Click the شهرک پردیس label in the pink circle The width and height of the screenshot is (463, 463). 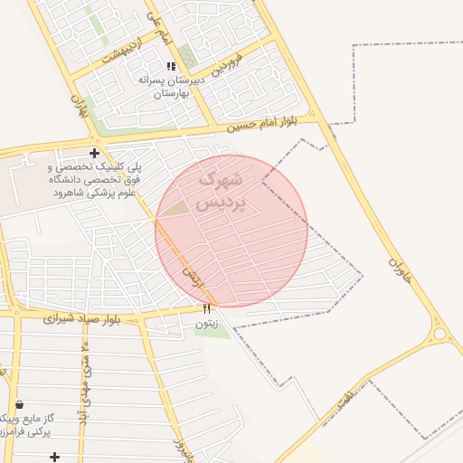[222, 191]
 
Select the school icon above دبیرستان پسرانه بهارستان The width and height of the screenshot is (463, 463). [171, 66]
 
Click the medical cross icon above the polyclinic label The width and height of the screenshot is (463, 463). [94, 153]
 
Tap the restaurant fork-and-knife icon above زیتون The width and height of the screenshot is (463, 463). [206, 309]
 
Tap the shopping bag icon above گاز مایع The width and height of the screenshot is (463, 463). [19, 404]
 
